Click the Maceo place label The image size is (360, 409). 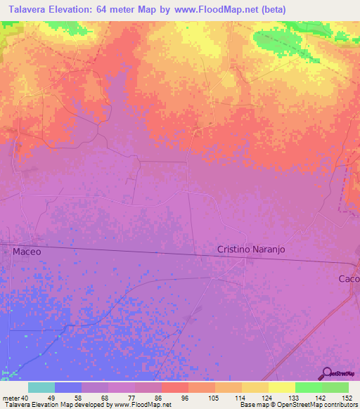click(27, 251)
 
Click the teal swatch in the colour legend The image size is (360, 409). click(41, 387)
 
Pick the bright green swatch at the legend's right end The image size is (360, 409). click(335, 387)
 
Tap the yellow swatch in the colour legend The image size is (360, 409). click(281, 387)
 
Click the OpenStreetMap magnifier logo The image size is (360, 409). click(326, 373)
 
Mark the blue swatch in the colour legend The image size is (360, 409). click(68, 387)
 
